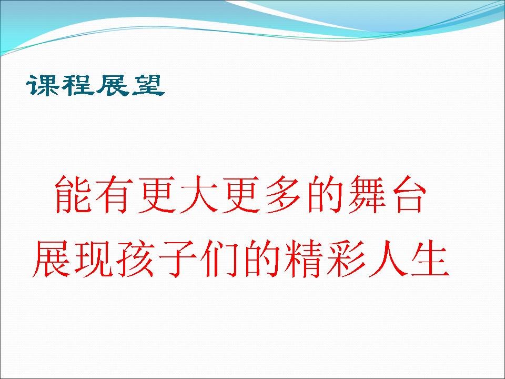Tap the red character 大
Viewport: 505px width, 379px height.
click(199, 195)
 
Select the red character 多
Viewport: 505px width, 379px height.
click(282, 195)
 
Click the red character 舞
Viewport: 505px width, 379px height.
click(367, 195)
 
